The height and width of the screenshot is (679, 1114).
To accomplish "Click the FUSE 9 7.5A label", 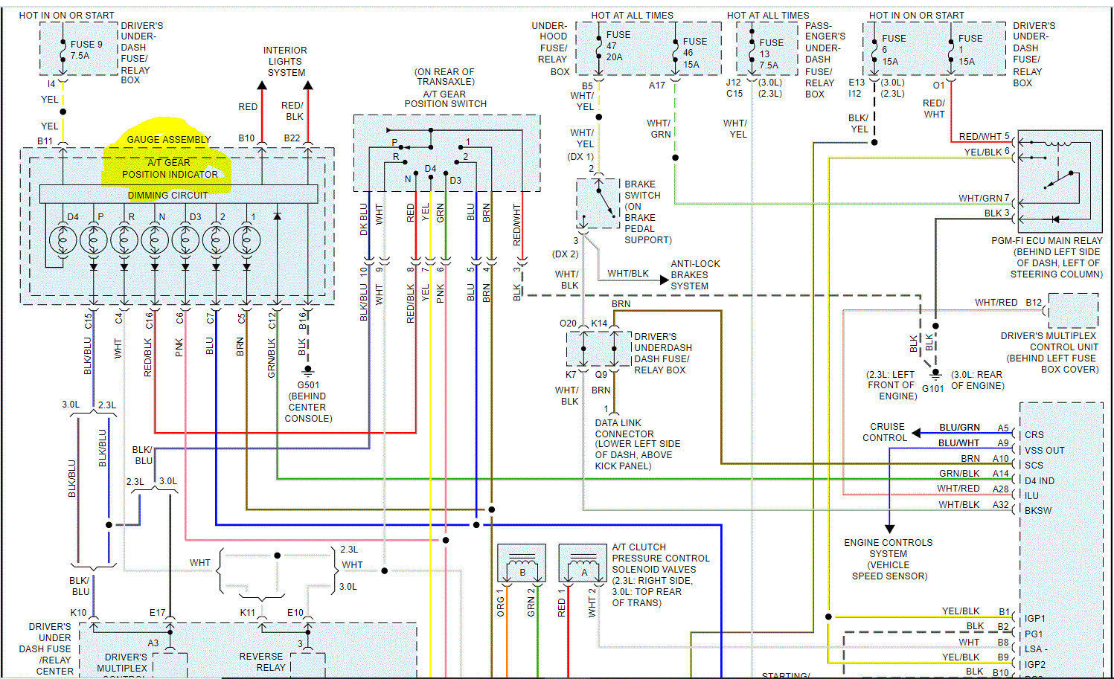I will point(86,50).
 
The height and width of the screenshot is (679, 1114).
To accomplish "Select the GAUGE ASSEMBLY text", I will point(168,140).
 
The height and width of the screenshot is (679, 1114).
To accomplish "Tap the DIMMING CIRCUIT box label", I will point(168,196).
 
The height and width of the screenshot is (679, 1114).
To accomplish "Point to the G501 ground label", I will point(308,385).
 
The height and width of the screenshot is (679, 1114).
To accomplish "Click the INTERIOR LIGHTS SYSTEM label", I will point(286,62).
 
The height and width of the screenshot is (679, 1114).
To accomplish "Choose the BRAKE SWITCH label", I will point(641,190).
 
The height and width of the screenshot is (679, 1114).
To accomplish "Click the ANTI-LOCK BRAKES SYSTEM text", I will point(695,274).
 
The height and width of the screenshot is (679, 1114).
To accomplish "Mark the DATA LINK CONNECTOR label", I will point(624,428).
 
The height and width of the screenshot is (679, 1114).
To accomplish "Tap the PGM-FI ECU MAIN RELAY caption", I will point(1046,241).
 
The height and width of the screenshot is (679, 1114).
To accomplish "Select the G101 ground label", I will point(933,388).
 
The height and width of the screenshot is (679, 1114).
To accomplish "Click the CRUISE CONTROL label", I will point(885,432).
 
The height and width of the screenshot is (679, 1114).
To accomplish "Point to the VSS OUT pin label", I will point(1044,451).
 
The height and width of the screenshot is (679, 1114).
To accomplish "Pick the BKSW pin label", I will point(1038,511).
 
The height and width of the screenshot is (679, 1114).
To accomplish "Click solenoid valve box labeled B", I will point(522,567).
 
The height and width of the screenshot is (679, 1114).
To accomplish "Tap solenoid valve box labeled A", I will point(584,567).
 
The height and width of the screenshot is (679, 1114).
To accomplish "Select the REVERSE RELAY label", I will point(261,662).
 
